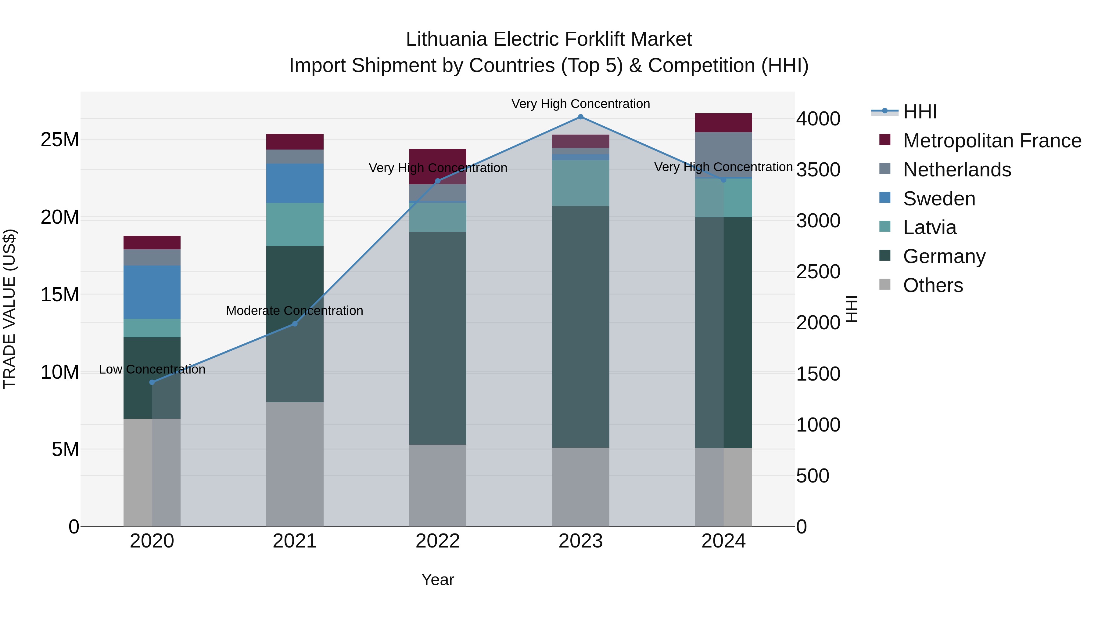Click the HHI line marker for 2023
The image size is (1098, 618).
580,117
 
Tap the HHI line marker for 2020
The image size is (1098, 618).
152,382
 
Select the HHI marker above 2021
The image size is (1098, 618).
295,324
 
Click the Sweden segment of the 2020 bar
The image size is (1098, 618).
152,292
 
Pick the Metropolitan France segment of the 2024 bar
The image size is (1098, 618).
723,123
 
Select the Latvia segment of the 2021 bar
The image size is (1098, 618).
295,224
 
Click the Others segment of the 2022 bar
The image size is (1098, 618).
437,485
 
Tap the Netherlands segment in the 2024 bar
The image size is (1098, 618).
723,154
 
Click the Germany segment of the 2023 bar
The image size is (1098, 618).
580,327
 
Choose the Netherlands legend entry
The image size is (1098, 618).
956,170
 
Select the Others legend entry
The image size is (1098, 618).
933,285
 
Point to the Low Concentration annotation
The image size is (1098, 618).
152,369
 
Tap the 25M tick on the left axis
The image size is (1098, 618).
60,139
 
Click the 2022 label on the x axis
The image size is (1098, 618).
437,541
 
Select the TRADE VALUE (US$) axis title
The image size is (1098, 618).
9,309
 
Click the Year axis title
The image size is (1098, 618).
437,580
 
